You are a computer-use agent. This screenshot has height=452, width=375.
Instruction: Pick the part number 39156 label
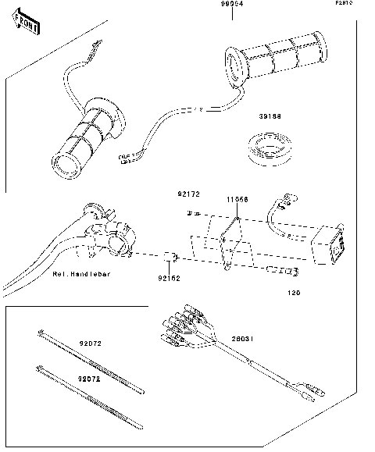coord(270,116)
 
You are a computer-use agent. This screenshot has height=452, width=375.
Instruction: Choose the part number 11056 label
coord(237,200)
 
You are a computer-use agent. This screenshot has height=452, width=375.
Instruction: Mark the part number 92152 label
coord(170,277)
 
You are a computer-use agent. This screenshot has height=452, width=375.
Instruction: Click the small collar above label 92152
coord(177,258)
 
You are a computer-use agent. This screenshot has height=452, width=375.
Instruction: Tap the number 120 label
coord(293,294)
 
